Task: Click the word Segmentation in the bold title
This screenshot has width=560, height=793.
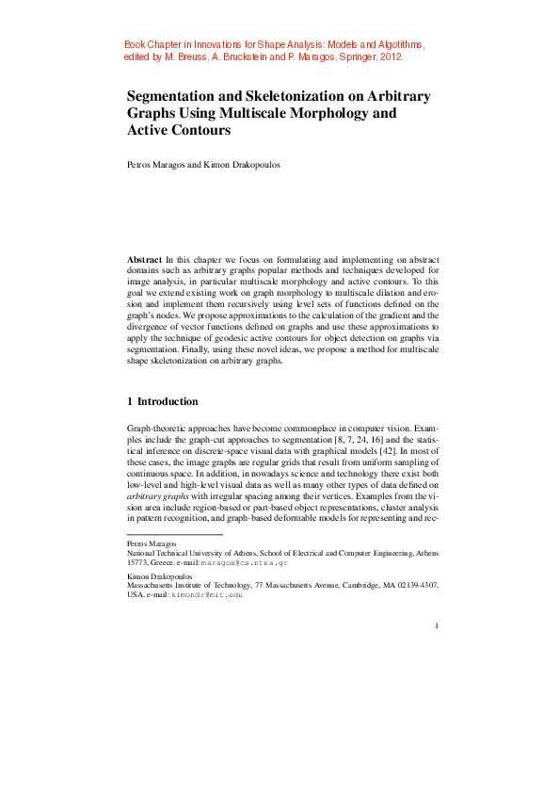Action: pos(175,96)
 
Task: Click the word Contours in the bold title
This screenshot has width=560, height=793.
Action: pos(200,130)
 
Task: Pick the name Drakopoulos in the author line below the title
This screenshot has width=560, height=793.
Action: pos(226,165)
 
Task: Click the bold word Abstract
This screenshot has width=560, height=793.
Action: pos(144,258)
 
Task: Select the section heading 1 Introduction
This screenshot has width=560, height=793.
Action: pos(162,401)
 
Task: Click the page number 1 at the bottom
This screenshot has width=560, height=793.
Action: pos(438,625)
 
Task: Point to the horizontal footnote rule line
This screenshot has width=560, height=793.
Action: pos(174,535)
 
